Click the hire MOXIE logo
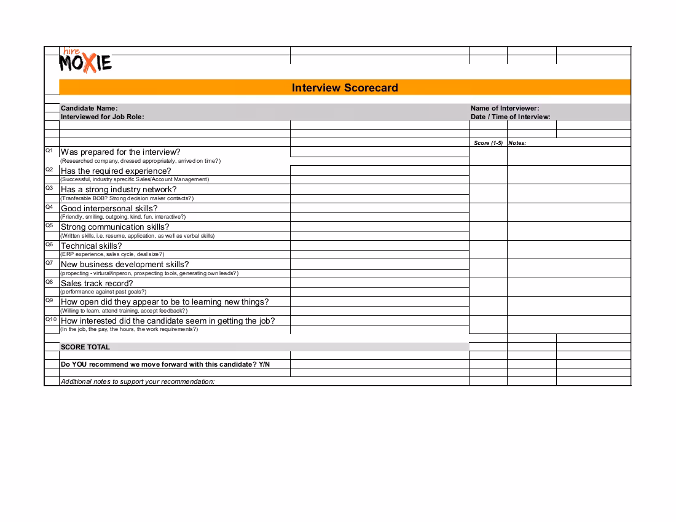tap(86, 61)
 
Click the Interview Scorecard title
tap(345, 88)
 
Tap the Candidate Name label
tap(89, 108)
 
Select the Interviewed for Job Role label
tap(102, 117)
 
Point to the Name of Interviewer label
tap(505, 108)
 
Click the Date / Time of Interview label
tap(510, 117)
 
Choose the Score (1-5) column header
tap(488, 143)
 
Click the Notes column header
tap(517, 143)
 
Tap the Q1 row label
tap(50, 150)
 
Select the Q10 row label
tap(51, 319)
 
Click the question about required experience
tap(116, 171)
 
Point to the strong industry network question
tap(119, 190)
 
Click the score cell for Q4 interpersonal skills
tap(488, 212)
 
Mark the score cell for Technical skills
tap(488, 250)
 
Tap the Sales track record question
tap(96, 283)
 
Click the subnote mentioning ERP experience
tap(112, 254)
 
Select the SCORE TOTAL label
tap(85, 347)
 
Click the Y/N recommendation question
tap(165, 364)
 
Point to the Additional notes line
tap(138, 381)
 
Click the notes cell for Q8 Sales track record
tap(568, 287)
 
